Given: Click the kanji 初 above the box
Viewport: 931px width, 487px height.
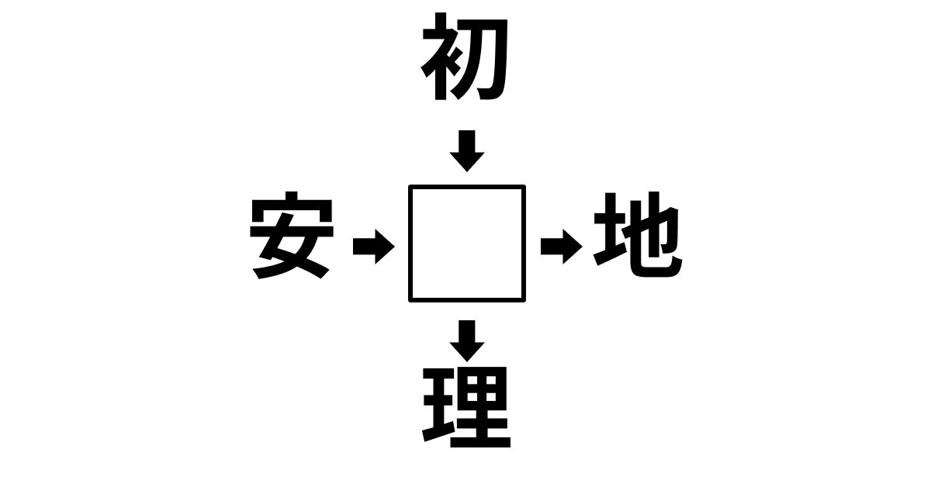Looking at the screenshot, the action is (465, 57).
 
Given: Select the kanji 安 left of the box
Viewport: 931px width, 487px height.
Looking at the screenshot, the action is (292, 235).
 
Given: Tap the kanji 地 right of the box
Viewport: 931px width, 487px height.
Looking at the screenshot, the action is (638, 234).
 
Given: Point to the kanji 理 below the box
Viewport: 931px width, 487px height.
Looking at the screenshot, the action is (466, 407).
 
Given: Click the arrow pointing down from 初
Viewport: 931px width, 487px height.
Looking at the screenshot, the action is (467, 151).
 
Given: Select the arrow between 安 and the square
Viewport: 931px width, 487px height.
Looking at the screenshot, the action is (374, 247).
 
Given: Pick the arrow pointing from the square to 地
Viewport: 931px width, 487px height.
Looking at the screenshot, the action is (562, 247).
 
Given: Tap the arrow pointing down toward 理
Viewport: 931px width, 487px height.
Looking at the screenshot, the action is (467, 340).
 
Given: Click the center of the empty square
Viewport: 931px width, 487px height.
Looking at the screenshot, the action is (467, 243).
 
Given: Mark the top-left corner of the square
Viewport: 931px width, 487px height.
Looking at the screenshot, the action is (410, 186).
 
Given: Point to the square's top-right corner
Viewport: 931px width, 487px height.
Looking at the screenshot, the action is (524, 186).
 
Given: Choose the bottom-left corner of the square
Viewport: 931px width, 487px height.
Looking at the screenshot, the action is (410, 300).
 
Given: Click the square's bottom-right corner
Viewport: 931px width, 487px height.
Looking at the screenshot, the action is (524, 300).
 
